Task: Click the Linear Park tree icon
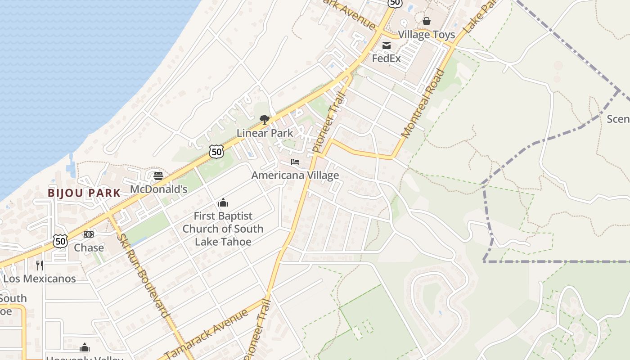(265, 119)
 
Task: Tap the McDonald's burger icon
(158, 175)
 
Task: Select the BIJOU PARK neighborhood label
(84, 193)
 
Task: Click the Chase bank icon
(89, 234)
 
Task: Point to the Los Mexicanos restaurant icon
(40, 265)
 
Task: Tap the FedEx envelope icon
(387, 45)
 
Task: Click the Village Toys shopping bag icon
(426, 21)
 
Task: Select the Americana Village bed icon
(295, 162)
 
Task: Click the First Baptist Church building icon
(223, 203)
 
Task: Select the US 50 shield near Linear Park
(216, 152)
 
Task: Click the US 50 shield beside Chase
(60, 241)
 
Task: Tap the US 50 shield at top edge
(394, 3)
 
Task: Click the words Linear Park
(265, 133)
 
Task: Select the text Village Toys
(426, 35)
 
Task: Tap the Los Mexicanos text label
(40, 279)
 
